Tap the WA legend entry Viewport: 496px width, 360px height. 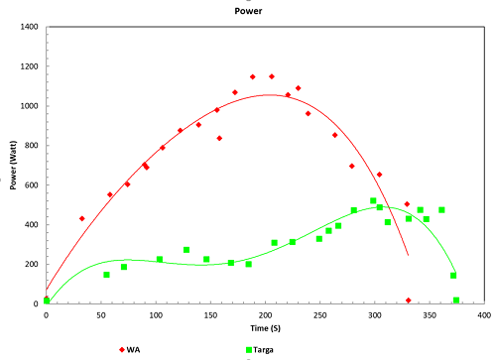pyautogui.click(x=138, y=350)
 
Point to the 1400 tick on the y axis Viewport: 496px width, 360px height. pyautogui.click(x=29, y=27)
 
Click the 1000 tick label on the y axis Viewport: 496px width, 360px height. pyautogui.click(x=29, y=106)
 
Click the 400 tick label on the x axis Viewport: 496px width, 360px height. pyautogui.click(x=484, y=314)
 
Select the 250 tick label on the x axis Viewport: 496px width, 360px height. pyautogui.click(x=319, y=314)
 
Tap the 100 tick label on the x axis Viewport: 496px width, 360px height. pyautogui.click(x=156, y=314)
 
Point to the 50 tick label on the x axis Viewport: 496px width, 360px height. pyautogui.click(x=101, y=314)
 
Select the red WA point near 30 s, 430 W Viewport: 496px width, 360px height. pyautogui.click(x=82, y=218)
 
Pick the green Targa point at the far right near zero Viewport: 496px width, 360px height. pyautogui.click(x=456, y=300)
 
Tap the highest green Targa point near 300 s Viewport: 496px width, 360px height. pyautogui.click(x=373, y=201)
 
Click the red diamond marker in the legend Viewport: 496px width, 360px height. pyautogui.click(x=123, y=350)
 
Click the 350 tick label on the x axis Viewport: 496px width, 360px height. pyautogui.click(x=430, y=314)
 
